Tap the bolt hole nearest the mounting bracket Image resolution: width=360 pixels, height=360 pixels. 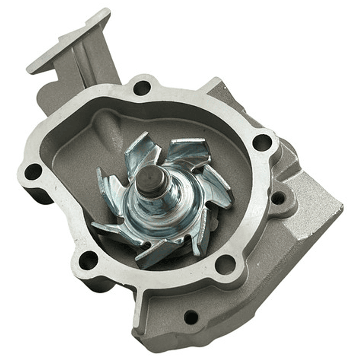click(142, 88)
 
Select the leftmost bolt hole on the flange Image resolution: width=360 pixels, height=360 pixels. click(33, 172)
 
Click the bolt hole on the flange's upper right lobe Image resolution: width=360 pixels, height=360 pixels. click(262, 142)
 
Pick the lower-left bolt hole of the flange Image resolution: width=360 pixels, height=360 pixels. click(89, 259)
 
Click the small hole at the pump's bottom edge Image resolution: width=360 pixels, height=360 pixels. click(191, 316)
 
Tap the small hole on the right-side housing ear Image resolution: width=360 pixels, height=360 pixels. click(278, 198)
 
